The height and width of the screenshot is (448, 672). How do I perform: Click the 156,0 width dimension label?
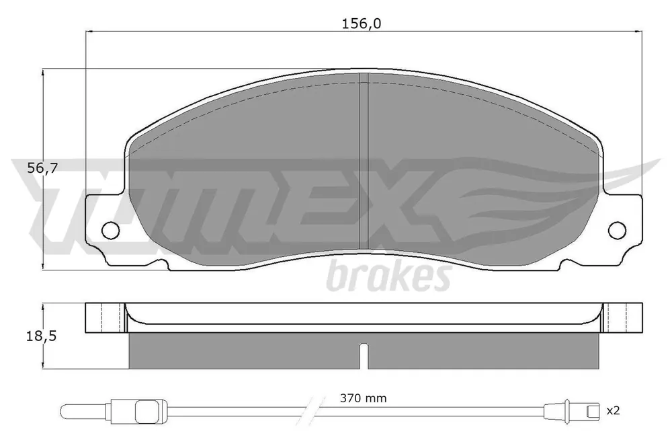tap(361, 24)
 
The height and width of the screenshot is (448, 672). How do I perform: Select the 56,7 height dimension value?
tap(42, 168)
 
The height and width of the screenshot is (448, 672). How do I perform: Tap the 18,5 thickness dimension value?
tap(41, 336)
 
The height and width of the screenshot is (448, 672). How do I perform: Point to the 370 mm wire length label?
tap(363, 398)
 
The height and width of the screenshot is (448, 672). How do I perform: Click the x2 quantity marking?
tap(614, 410)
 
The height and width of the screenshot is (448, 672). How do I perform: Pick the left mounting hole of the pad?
tap(110, 229)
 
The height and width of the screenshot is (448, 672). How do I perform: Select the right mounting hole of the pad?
tap(617, 229)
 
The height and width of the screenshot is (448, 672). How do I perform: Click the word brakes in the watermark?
tap(388, 276)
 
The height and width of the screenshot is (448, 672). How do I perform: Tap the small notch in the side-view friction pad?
tap(364, 356)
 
